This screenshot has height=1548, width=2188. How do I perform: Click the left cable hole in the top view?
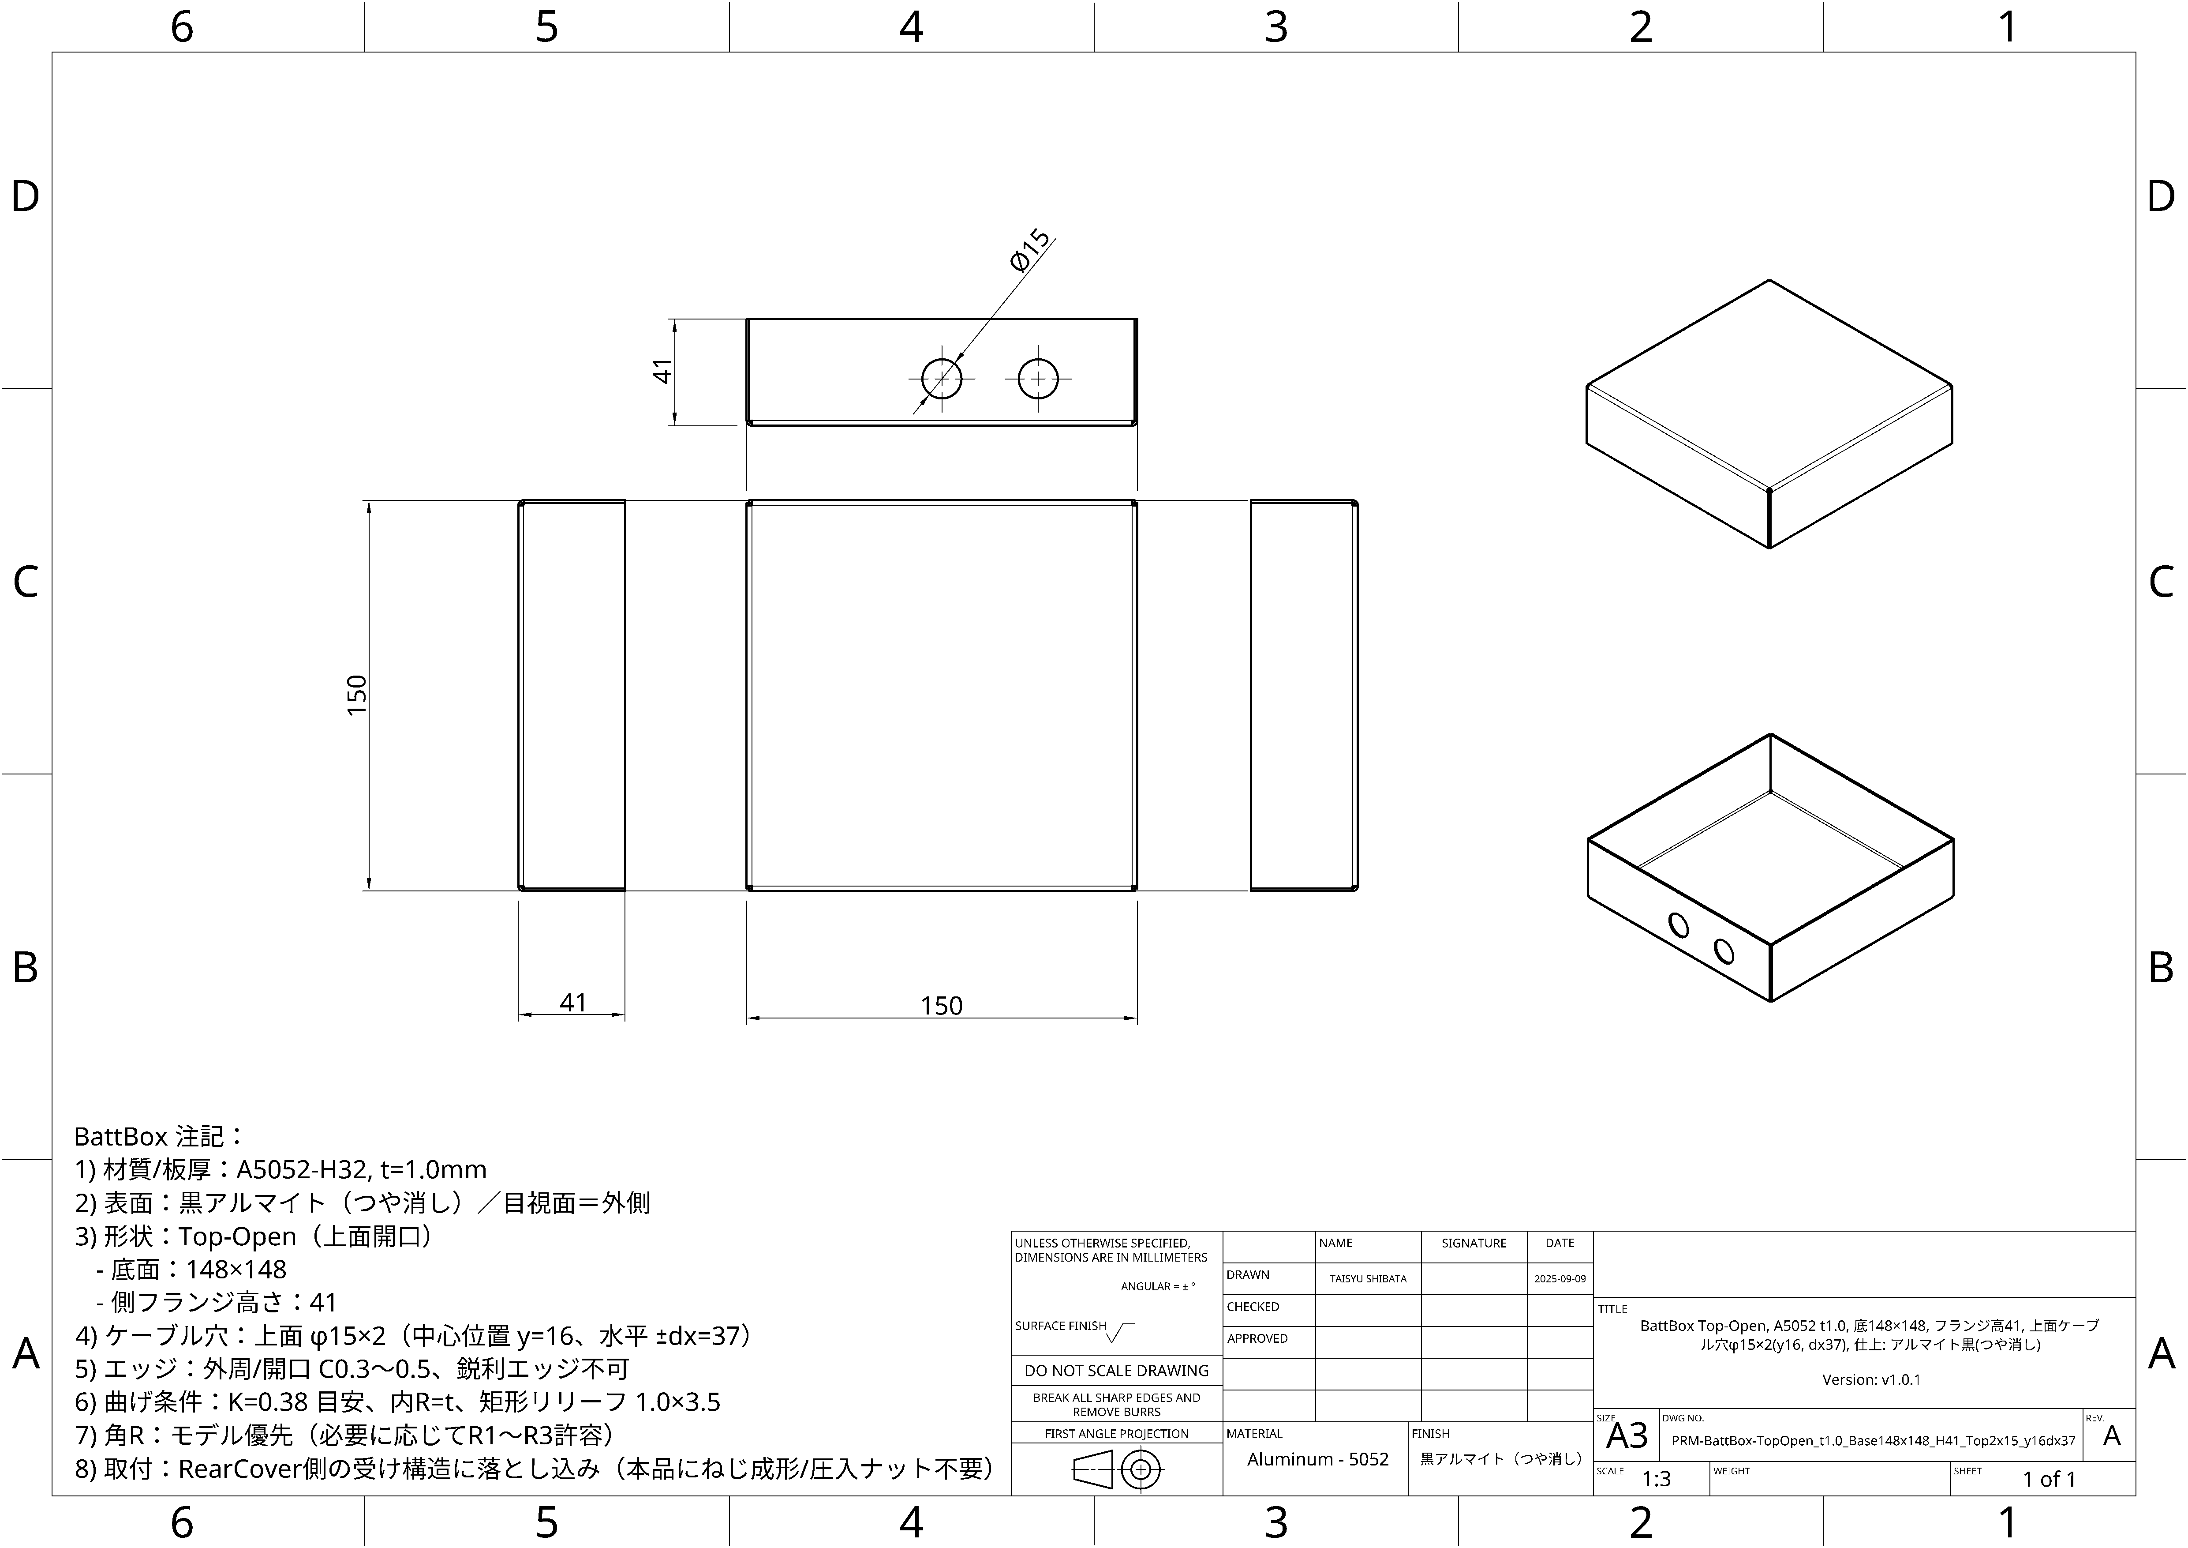(x=942, y=379)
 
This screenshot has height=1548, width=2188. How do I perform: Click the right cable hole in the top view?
(x=1038, y=379)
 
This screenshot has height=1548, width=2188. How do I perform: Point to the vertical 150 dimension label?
(x=356, y=695)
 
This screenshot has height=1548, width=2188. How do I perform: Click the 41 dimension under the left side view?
(x=573, y=1002)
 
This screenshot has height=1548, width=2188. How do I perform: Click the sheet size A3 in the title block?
(x=1627, y=1435)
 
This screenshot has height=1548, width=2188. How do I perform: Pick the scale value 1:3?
(x=1656, y=1478)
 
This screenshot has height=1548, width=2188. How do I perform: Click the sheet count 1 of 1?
(x=2049, y=1478)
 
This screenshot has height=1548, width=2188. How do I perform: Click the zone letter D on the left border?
(x=26, y=196)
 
